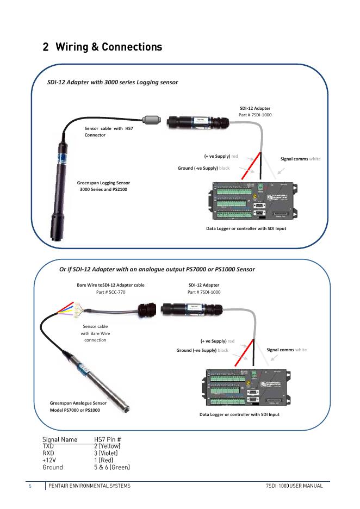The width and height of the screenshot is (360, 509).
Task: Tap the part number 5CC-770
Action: (109, 292)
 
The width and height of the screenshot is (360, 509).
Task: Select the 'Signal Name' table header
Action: (60, 439)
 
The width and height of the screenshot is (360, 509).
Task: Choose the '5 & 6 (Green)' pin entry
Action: (112, 467)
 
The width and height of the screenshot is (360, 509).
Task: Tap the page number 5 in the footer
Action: (30, 485)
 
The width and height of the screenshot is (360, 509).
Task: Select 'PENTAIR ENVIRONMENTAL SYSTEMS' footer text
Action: (89, 485)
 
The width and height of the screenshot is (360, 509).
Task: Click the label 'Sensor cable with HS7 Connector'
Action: (108, 132)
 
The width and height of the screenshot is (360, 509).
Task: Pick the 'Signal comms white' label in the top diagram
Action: (300, 159)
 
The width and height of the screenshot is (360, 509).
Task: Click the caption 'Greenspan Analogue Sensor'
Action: (78, 403)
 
